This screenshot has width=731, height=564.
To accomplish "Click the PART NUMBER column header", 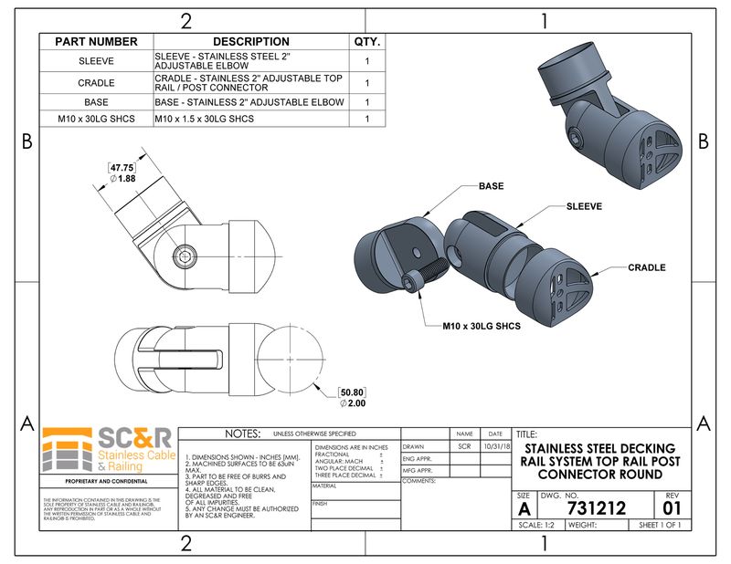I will (96, 42).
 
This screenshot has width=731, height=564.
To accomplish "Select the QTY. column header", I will (366, 42).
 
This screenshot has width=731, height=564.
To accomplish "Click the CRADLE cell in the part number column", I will (96, 82).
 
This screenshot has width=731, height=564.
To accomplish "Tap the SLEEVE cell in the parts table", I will (96, 61).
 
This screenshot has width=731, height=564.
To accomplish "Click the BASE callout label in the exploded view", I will (491, 186).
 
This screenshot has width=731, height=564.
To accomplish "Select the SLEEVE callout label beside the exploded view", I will (583, 207).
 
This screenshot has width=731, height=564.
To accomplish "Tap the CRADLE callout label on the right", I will (646, 268).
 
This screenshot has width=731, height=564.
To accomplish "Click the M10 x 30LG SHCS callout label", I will (474, 325).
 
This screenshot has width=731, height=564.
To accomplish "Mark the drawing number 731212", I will (596, 508).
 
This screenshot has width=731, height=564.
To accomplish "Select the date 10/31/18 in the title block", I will (495, 447).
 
